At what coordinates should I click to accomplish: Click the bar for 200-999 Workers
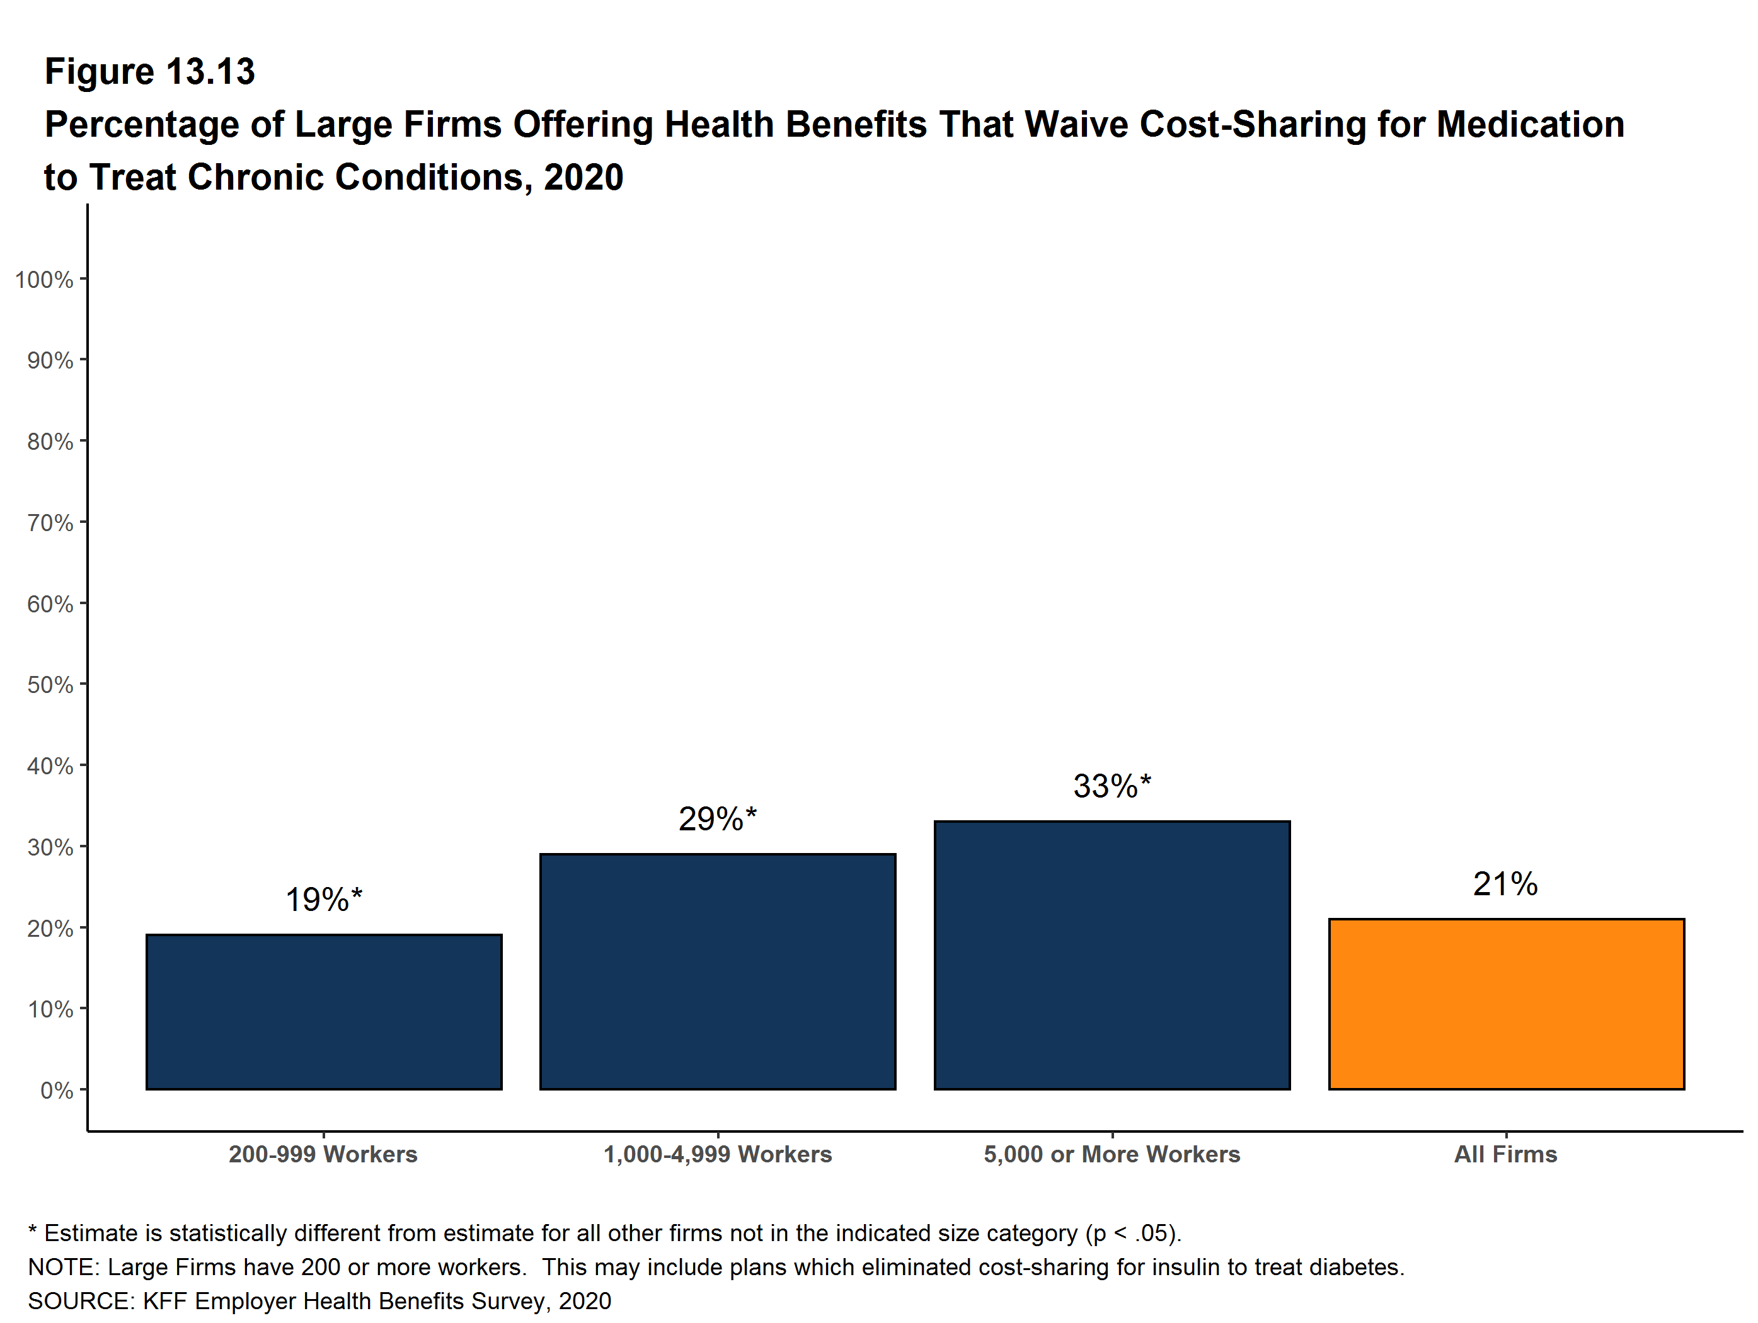[323, 1012]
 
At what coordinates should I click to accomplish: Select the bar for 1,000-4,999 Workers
[718, 971]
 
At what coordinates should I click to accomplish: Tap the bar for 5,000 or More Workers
[1112, 954]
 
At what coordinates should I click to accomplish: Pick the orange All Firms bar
[1506, 1004]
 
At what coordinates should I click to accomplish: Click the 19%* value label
[323, 900]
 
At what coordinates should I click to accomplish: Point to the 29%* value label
[718, 819]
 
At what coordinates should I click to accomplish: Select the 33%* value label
[1112, 786]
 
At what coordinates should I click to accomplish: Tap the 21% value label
[1505, 884]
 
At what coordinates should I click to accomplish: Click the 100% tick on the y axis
[43, 280]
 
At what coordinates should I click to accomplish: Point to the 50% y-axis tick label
[50, 685]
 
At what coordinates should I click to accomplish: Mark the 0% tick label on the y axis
[57, 1090]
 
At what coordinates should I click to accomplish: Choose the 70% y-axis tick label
[50, 523]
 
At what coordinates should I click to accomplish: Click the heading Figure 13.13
[149, 72]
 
